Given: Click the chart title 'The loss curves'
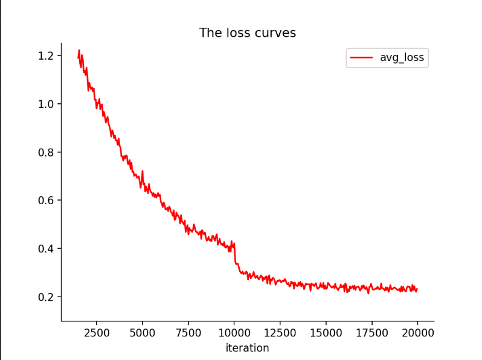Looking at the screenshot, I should pyautogui.click(x=248, y=33).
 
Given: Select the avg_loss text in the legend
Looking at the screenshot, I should pyautogui.click(x=402, y=58).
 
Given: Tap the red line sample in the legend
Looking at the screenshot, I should pyautogui.click(x=362, y=58).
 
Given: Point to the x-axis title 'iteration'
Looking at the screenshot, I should pyautogui.click(x=247, y=348).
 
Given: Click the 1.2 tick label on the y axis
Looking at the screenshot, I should pyautogui.click(x=46, y=56).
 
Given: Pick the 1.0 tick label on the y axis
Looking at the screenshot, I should pyautogui.click(x=46, y=104).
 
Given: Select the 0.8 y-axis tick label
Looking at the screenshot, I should pyautogui.click(x=46, y=152).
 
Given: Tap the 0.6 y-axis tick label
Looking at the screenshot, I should pyautogui.click(x=46, y=201).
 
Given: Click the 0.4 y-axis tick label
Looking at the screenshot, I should pyautogui.click(x=46, y=249).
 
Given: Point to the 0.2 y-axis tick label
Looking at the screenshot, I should pyautogui.click(x=46, y=297).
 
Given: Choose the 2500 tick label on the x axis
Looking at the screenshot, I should pyautogui.click(x=97, y=332).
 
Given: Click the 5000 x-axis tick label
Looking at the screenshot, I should pyautogui.click(x=143, y=332).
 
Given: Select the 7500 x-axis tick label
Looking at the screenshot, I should pyautogui.click(x=188, y=332).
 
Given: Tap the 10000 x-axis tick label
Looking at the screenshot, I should pyautogui.click(x=234, y=332).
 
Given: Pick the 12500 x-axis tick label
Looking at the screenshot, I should pyautogui.click(x=280, y=332).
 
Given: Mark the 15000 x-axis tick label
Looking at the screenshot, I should pyautogui.click(x=326, y=332).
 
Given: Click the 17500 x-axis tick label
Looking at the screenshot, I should pyautogui.click(x=372, y=332).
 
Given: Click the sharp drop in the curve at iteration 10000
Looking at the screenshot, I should pyautogui.click(x=235, y=254).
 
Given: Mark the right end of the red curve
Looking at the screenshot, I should pyautogui.click(x=417, y=289).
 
